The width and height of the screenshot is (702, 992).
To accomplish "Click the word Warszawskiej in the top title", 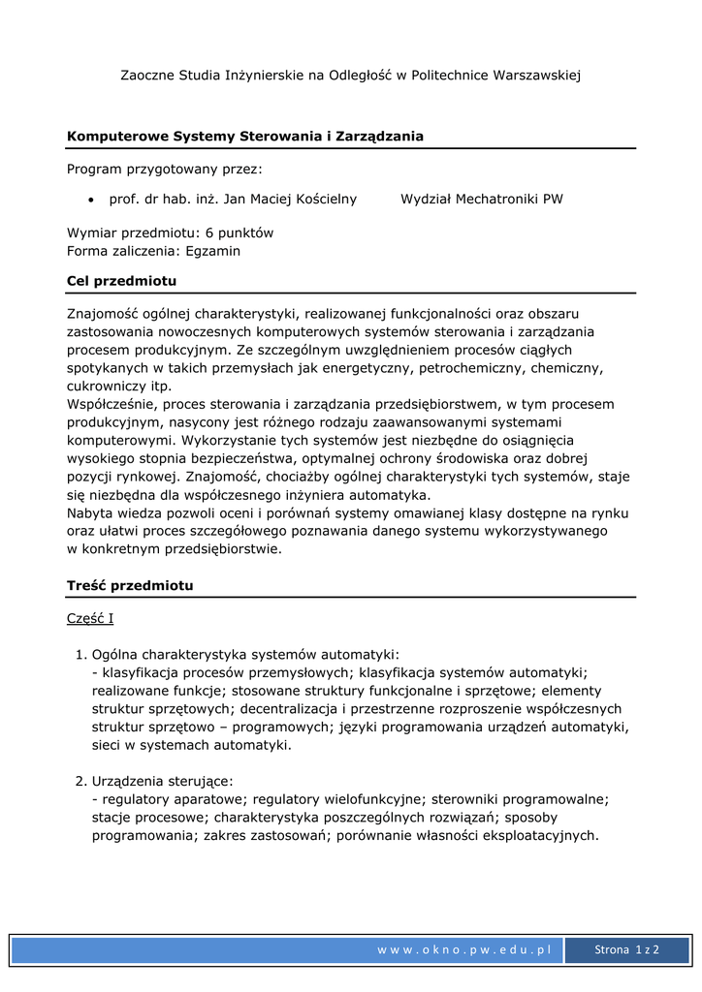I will pyautogui.click(x=536, y=75).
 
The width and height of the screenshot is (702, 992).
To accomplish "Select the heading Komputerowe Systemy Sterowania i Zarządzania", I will pyautogui.click(x=244, y=137).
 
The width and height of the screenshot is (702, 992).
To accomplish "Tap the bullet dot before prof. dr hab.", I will pyautogui.click(x=90, y=200).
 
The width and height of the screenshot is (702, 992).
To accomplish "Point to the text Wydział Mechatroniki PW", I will pyautogui.click(x=482, y=200).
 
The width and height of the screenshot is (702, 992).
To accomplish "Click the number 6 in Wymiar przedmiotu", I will pyautogui.click(x=208, y=232).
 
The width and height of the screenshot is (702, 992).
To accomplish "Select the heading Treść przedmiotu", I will pyautogui.click(x=130, y=586).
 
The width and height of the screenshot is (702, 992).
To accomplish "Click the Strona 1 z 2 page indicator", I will pyautogui.click(x=626, y=950).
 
